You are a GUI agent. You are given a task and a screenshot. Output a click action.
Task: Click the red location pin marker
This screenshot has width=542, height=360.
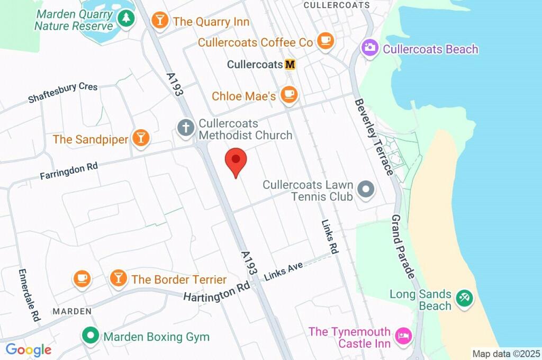point(236,161)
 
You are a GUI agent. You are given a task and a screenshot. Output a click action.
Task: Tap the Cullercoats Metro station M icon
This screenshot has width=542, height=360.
point(290,65)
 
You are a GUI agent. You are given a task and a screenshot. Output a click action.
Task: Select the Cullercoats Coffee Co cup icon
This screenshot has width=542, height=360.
point(326,41)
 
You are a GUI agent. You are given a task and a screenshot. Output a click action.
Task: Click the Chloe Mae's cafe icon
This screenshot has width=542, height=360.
point(289,95)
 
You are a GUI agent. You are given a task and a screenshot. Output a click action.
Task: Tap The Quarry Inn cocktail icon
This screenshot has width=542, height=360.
point(159,21)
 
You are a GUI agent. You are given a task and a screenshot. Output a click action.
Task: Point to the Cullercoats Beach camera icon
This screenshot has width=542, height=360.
point(369,49)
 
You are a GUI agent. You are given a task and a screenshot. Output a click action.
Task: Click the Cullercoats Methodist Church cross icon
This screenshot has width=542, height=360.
point(185,128)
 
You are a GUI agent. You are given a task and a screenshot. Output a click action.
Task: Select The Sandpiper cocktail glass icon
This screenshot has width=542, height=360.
point(141,139)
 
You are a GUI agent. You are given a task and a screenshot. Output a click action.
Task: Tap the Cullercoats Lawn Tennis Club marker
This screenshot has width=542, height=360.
point(366,189)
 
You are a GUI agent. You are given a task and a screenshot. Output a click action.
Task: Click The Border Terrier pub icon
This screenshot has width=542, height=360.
point(118,278)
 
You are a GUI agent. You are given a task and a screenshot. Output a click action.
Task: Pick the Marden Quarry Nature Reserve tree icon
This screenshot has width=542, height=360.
point(126,19)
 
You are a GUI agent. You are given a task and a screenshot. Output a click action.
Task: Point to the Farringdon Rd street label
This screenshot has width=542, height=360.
point(69,171)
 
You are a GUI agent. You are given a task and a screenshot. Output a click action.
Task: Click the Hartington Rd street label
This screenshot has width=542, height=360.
point(216,291)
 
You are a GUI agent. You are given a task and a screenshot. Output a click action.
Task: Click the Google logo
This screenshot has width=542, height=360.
point(29,350)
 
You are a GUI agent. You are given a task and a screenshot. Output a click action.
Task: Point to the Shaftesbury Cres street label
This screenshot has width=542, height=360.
point(62,93)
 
